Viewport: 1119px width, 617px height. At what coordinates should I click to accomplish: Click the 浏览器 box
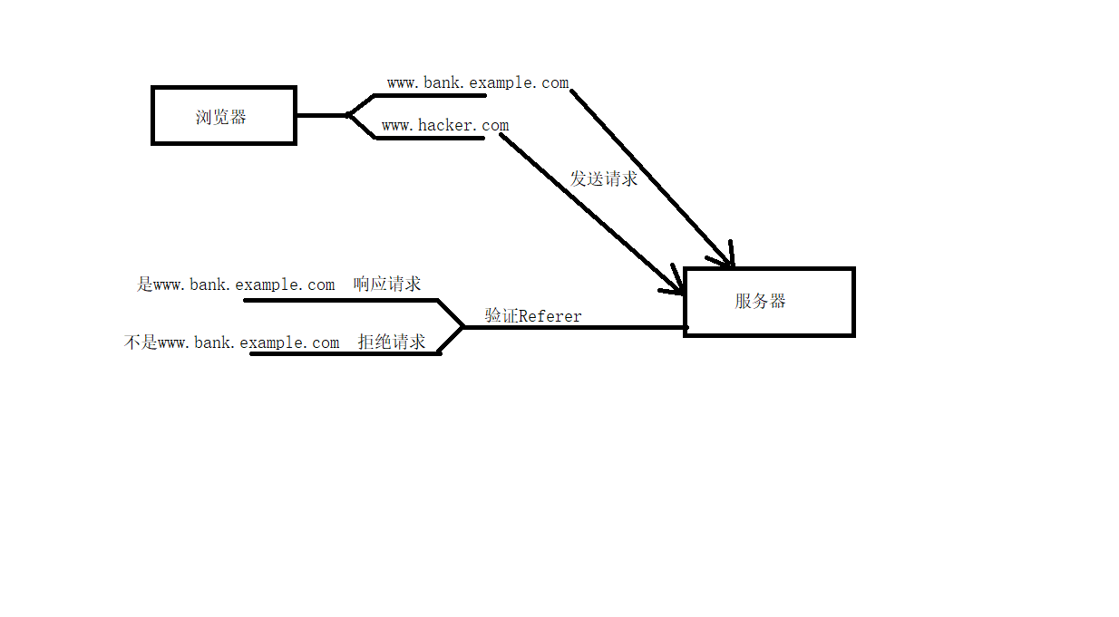(x=223, y=116)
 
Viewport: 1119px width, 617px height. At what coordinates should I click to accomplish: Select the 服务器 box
(x=769, y=302)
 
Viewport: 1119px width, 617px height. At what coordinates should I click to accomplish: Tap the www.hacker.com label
(x=444, y=126)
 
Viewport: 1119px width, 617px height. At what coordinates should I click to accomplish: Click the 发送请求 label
(x=604, y=178)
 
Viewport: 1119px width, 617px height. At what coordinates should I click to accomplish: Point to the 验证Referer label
(x=533, y=315)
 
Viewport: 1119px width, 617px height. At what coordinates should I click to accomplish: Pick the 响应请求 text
(x=387, y=284)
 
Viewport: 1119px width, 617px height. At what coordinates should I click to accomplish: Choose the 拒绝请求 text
(x=392, y=342)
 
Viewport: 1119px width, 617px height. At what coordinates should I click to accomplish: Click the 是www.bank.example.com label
(x=236, y=284)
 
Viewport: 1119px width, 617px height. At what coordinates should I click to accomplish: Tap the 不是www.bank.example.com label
(x=231, y=342)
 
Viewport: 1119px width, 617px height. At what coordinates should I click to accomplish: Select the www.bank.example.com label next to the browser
(x=477, y=83)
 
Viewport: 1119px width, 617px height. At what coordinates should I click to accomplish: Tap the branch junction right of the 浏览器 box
(x=349, y=115)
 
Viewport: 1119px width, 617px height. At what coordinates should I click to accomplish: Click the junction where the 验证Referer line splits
(x=462, y=327)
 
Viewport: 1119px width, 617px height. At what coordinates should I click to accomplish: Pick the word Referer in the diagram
(x=550, y=315)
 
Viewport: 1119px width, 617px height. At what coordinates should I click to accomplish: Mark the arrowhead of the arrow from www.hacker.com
(x=678, y=287)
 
